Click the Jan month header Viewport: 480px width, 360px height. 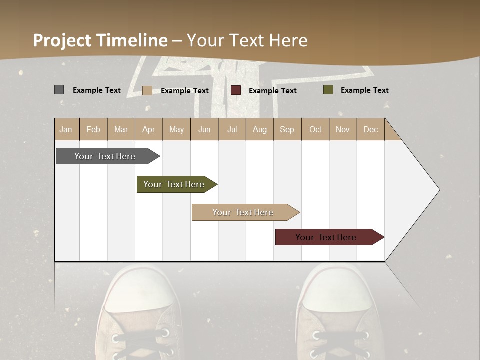tap(66, 129)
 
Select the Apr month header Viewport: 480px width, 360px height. tap(148, 129)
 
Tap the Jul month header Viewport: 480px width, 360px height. tap(232, 129)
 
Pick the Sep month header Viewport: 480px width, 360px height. tap(287, 129)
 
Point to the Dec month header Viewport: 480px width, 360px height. tap(370, 129)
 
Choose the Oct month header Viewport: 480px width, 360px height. tap(315, 129)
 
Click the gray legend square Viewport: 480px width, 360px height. tap(59, 90)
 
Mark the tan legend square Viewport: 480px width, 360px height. tap(147, 90)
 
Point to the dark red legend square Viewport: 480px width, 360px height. tap(235, 90)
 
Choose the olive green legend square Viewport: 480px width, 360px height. tap(328, 90)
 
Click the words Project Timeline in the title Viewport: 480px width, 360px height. tap(100, 40)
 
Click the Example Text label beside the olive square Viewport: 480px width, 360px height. tap(364, 90)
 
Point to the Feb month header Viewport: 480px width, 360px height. tap(93, 129)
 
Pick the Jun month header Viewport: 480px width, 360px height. tap(204, 129)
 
